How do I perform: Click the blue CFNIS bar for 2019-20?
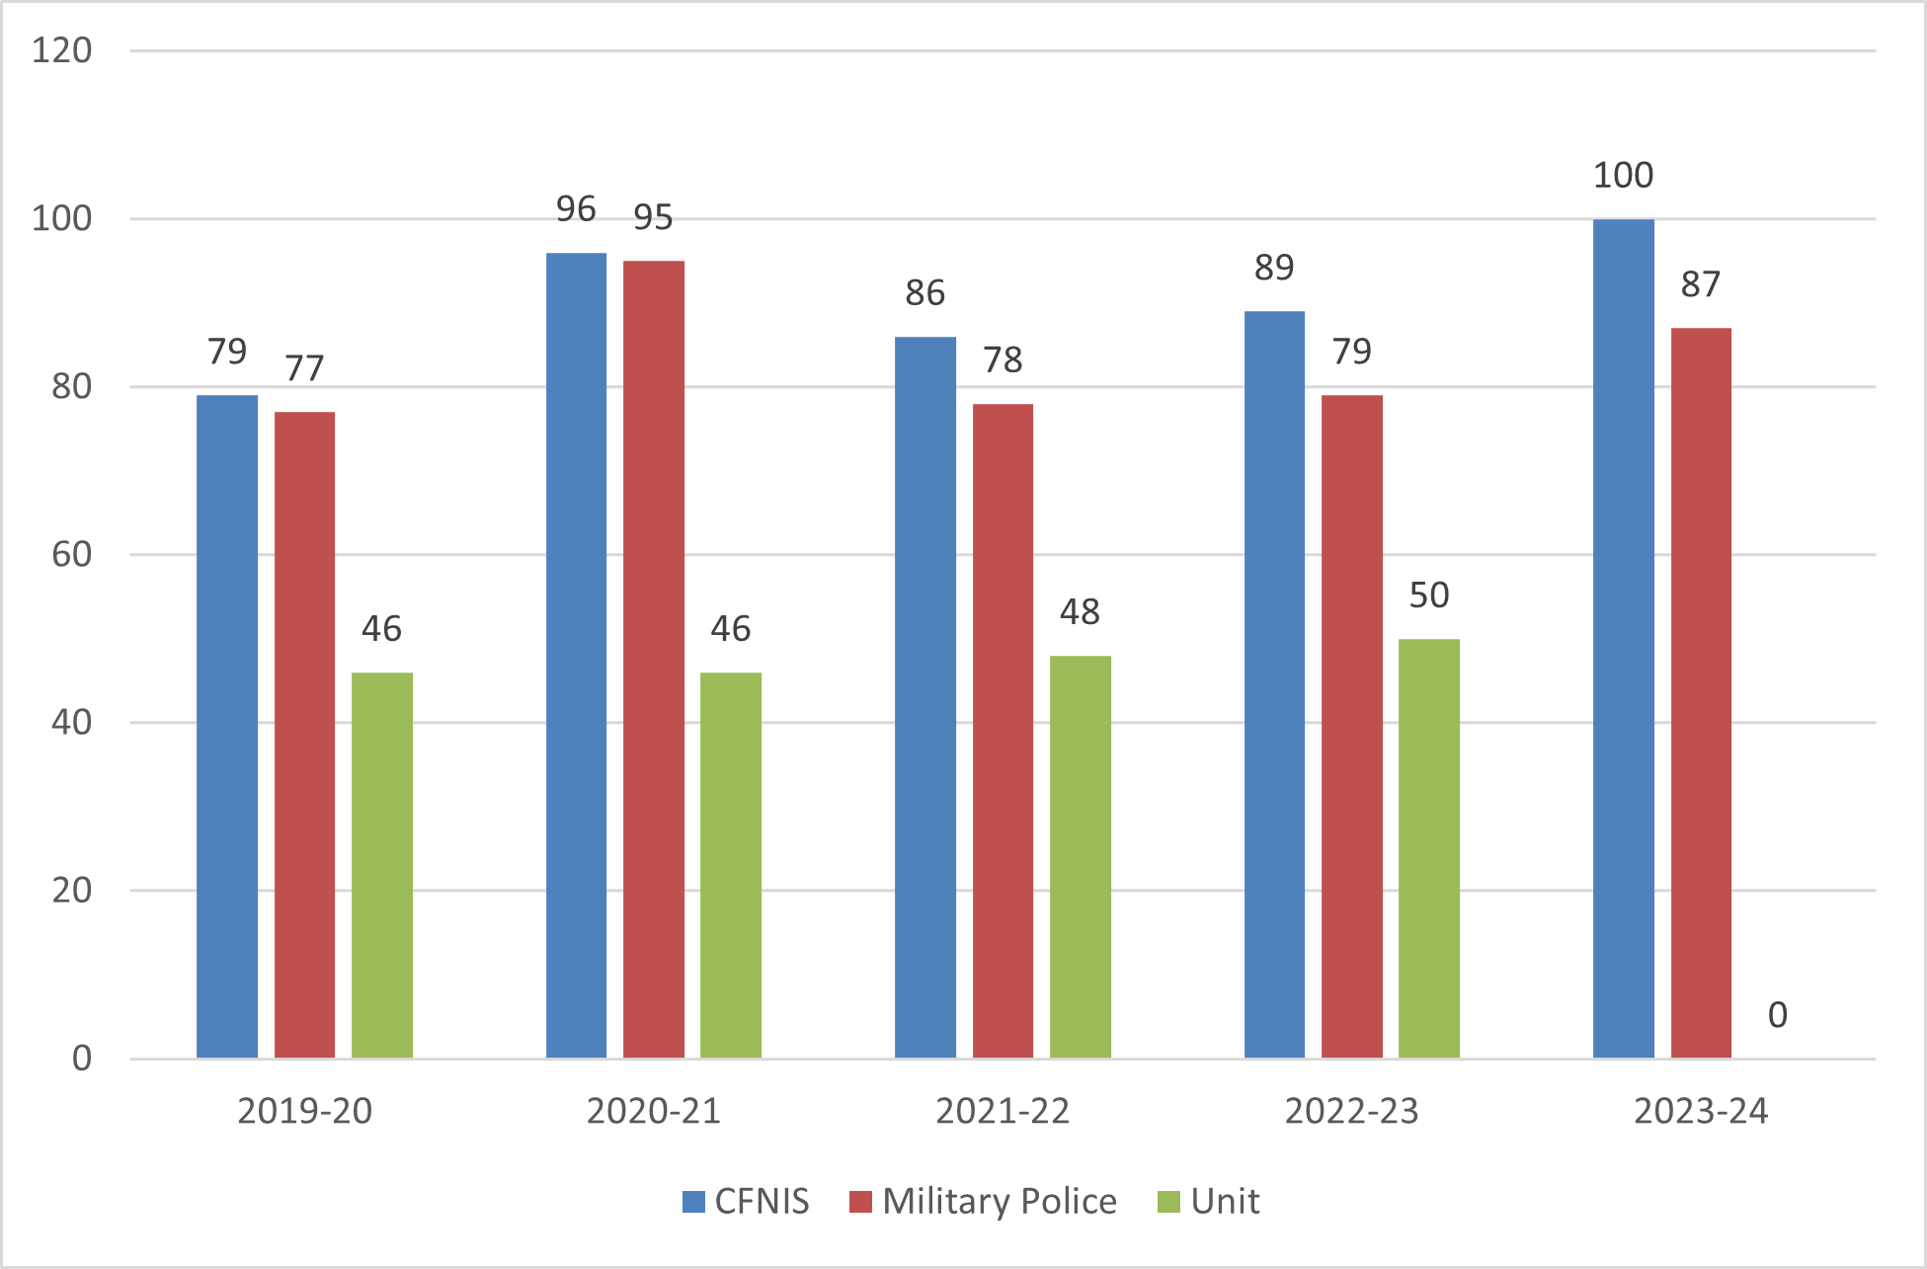click(227, 726)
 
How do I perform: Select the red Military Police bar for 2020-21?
click(654, 659)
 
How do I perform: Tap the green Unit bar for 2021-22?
click(1081, 856)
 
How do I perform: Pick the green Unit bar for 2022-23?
click(1429, 848)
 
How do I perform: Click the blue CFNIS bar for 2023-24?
click(1624, 638)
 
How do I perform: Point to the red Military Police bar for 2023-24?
click(1701, 692)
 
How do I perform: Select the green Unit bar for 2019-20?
click(382, 865)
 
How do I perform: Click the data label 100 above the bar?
click(1623, 176)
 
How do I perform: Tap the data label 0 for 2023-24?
click(1777, 1015)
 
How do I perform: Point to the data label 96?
click(576, 209)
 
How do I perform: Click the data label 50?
click(1429, 595)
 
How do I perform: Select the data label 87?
click(1701, 284)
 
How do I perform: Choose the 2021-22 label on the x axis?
click(1003, 1112)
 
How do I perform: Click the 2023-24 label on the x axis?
click(1701, 1112)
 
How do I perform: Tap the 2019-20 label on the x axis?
click(304, 1112)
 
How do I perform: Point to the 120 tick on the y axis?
click(62, 50)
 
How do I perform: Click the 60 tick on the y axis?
click(71, 555)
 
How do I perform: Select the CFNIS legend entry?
click(746, 1202)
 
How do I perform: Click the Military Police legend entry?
click(984, 1202)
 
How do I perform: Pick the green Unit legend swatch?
click(1168, 1202)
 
